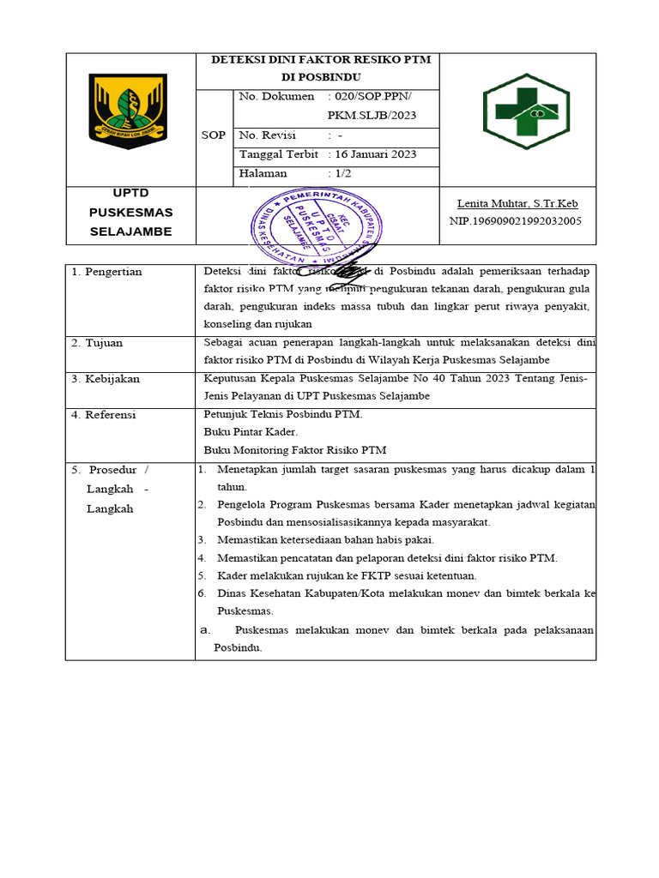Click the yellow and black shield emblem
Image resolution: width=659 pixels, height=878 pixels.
click(129, 111)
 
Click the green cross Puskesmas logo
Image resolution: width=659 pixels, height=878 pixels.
click(526, 111)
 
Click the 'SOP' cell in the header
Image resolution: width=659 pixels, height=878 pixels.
click(214, 135)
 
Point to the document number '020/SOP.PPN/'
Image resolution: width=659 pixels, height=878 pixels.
click(370, 97)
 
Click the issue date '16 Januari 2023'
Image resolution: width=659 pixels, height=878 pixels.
click(373, 154)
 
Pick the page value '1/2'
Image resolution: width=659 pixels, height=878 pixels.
click(343, 173)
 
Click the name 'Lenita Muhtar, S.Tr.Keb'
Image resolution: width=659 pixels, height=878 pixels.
click(517, 203)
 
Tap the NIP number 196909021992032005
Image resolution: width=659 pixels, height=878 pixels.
click(515, 220)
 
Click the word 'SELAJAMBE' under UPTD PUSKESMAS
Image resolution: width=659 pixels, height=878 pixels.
click(130, 232)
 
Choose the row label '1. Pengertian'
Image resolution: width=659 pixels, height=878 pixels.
click(107, 272)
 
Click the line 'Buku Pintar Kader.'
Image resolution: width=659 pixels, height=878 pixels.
click(251, 432)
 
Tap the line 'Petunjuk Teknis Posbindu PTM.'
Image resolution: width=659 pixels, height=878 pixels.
click(283, 415)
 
